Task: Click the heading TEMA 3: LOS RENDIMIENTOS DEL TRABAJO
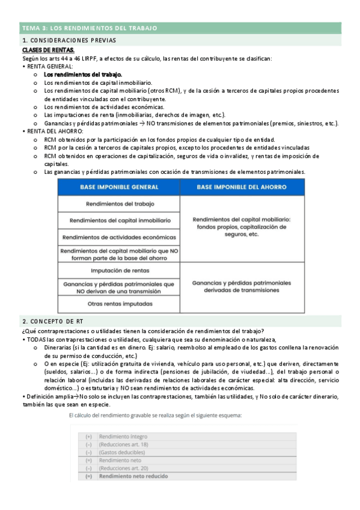click(x=90, y=28)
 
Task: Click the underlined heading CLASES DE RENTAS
click(x=49, y=49)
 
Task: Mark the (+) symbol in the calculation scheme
click(x=88, y=420)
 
